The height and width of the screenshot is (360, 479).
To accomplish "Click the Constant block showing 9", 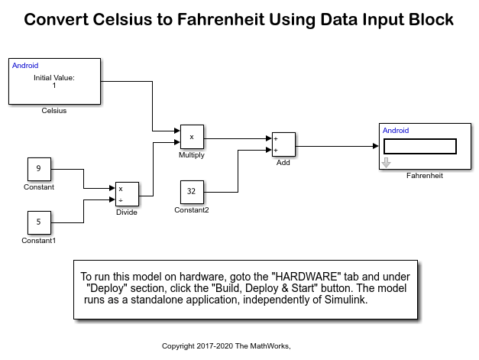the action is pyautogui.click(x=39, y=169).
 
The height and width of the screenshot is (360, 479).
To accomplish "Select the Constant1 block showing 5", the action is pyautogui.click(x=39, y=222).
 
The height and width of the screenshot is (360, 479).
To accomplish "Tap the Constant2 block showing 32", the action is pyautogui.click(x=192, y=192).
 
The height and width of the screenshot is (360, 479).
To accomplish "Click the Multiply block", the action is pyautogui.click(x=192, y=137).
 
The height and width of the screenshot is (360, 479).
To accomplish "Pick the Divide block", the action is pyautogui.click(x=127, y=194).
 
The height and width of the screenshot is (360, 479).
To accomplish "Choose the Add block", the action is pyautogui.click(x=283, y=144).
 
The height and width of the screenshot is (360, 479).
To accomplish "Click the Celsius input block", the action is pyautogui.click(x=54, y=81).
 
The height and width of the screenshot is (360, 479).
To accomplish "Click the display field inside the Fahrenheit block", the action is pyautogui.click(x=419, y=147).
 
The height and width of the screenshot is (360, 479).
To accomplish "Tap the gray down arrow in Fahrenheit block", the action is pyautogui.click(x=386, y=163).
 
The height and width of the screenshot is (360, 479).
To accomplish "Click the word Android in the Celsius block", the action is pyautogui.click(x=25, y=66).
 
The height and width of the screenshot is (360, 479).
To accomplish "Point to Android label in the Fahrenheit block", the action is pyautogui.click(x=396, y=131).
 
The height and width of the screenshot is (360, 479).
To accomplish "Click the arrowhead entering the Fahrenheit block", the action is pyautogui.click(x=376, y=146).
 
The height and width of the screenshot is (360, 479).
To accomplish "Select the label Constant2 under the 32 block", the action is pyautogui.click(x=192, y=210).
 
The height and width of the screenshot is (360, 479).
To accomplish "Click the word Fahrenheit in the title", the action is pyautogui.click(x=221, y=20).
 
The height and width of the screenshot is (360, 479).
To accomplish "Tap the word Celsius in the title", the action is pyautogui.click(x=122, y=20).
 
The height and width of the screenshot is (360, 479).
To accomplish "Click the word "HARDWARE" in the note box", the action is pyautogui.click(x=306, y=277).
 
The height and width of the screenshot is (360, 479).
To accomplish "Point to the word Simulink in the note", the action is pyautogui.click(x=346, y=300).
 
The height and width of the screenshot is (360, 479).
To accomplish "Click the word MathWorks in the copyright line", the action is pyautogui.click(x=270, y=346).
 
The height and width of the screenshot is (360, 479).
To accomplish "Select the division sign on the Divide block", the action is pyautogui.click(x=121, y=200).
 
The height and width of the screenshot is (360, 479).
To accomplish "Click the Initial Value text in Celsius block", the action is pyautogui.click(x=54, y=78).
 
